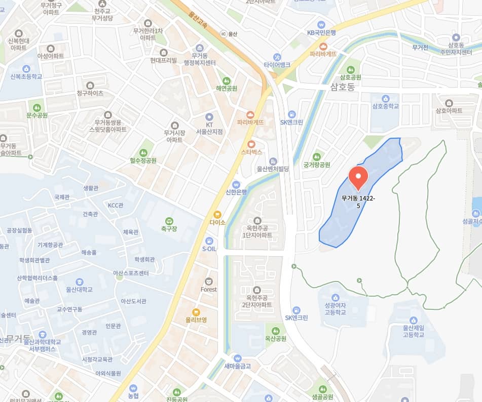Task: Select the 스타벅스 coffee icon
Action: [x=251, y=143]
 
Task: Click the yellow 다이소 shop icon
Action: [x=217, y=214]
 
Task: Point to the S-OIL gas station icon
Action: [x=209, y=240]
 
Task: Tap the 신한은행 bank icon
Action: [x=236, y=184]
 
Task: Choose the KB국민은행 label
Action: [x=321, y=32]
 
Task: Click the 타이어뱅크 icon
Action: [x=277, y=57]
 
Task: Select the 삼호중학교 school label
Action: [x=386, y=106]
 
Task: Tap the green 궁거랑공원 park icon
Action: [x=317, y=156]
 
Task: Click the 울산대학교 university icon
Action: [x=80, y=282]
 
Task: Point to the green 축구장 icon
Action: [x=169, y=221]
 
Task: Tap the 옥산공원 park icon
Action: [x=275, y=331]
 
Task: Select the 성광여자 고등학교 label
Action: [x=335, y=309]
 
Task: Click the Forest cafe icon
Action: [x=209, y=281]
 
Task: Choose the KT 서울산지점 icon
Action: [x=209, y=116]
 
